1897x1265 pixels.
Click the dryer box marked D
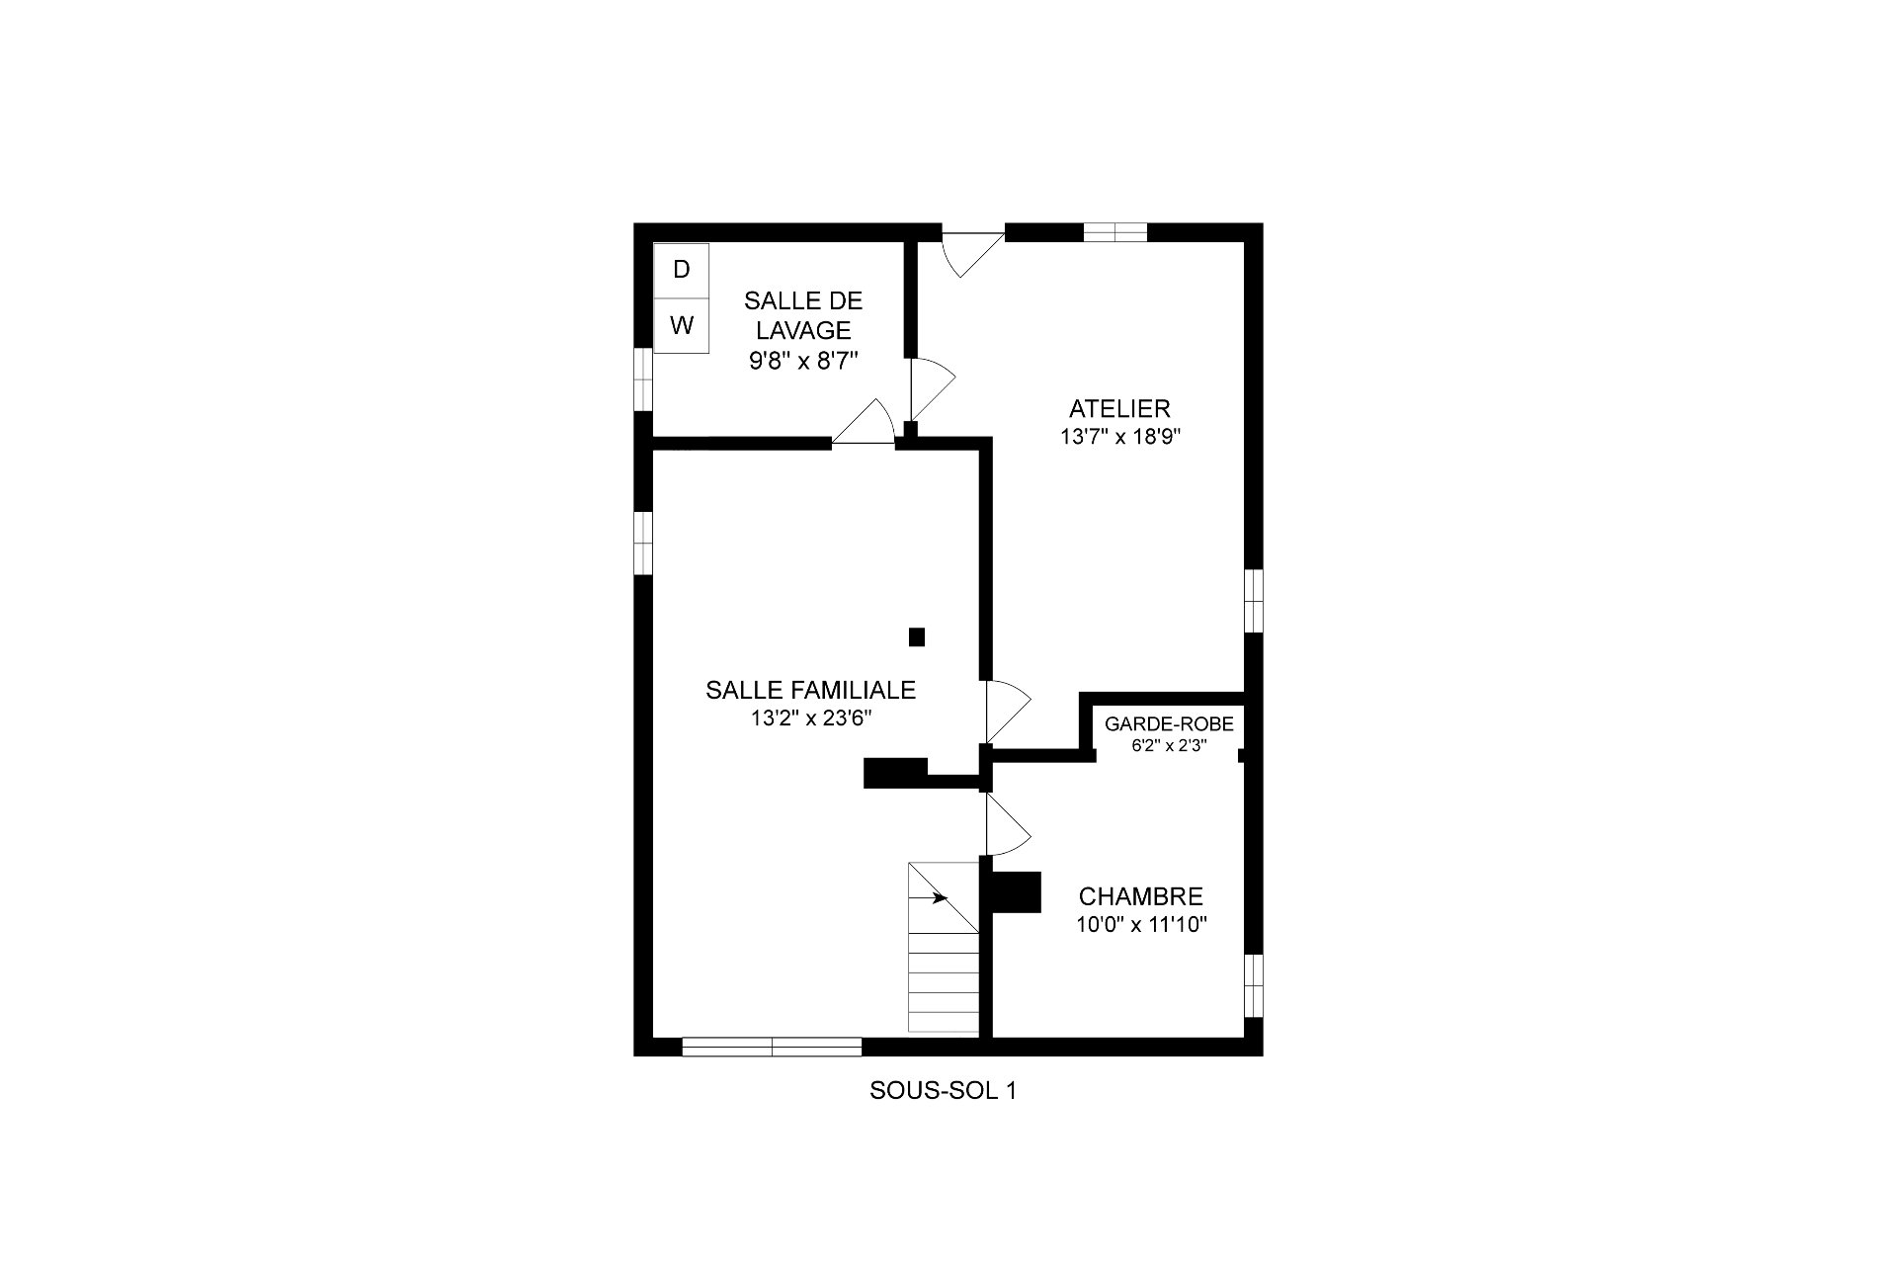tap(682, 270)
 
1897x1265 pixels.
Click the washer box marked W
tap(682, 325)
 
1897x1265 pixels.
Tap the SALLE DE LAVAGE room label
tap(803, 315)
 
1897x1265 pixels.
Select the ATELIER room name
tap(1119, 408)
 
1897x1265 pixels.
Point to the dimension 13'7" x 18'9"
tap(1120, 437)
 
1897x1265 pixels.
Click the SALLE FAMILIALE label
tap(810, 690)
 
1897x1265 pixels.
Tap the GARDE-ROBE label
tap(1169, 724)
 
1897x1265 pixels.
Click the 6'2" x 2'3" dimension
tap(1169, 746)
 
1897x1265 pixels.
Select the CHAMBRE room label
tap(1141, 896)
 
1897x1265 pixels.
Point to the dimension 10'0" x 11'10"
tap(1142, 925)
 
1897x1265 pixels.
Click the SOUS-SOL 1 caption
tap(943, 1091)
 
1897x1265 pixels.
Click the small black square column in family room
tap(917, 637)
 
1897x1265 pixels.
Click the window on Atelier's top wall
tap(1115, 232)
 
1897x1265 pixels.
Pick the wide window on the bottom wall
tap(772, 1047)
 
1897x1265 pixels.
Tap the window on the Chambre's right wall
tap(1254, 985)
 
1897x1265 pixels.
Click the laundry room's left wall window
tap(643, 379)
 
